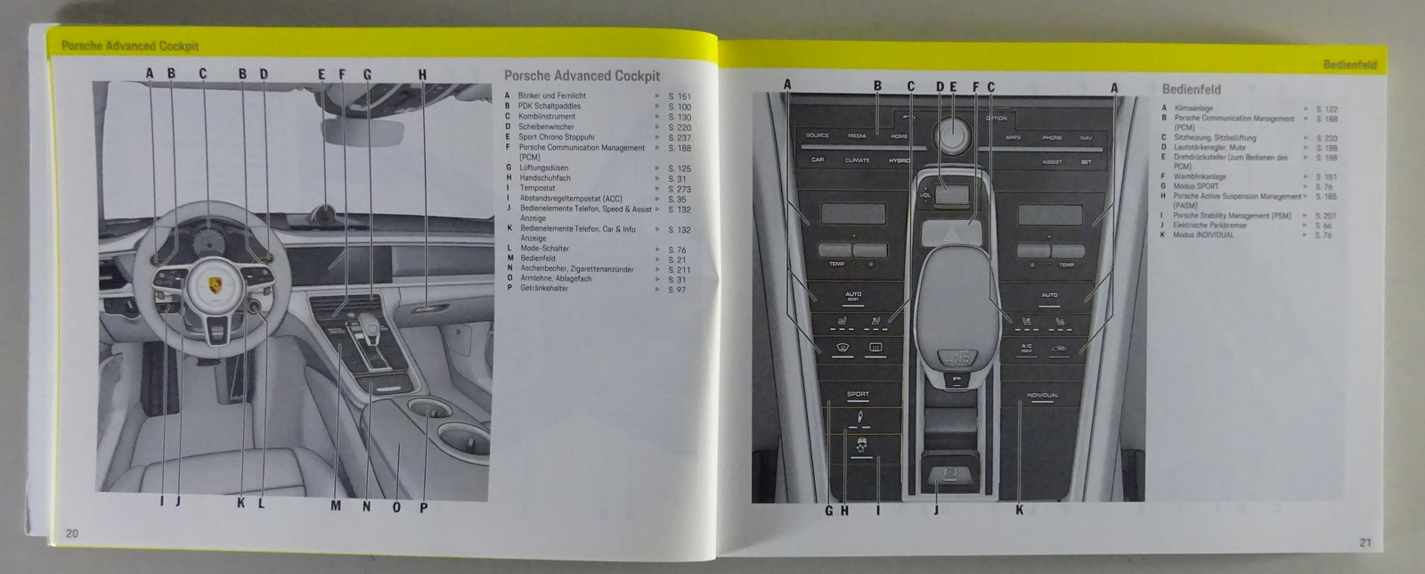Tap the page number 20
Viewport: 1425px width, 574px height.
tap(71, 533)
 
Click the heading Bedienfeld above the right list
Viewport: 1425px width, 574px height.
tap(1191, 89)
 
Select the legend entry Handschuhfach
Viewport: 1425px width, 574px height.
tap(545, 178)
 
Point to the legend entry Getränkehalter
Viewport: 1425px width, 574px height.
tap(546, 290)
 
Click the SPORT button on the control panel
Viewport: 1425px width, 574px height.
tap(858, 394)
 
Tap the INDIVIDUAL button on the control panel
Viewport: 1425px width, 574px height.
tap(1042, 395)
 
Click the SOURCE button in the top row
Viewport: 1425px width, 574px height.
tap(817, 135)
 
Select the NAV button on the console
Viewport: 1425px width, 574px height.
tap(1086, 138)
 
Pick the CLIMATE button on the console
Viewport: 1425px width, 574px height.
tap(857, 160)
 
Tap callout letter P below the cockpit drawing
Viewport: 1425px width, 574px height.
tap(423, 507)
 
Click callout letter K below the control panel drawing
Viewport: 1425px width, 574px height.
tap(1019, 511)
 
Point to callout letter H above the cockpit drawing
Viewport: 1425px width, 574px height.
tap(422, 74)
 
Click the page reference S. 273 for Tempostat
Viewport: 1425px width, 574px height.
tap(679, 189)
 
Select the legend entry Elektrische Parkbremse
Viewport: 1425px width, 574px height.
tap(1209, 225)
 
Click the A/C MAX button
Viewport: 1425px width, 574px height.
tap(1026, 349)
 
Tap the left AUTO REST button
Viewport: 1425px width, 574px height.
tap(853, 295)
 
